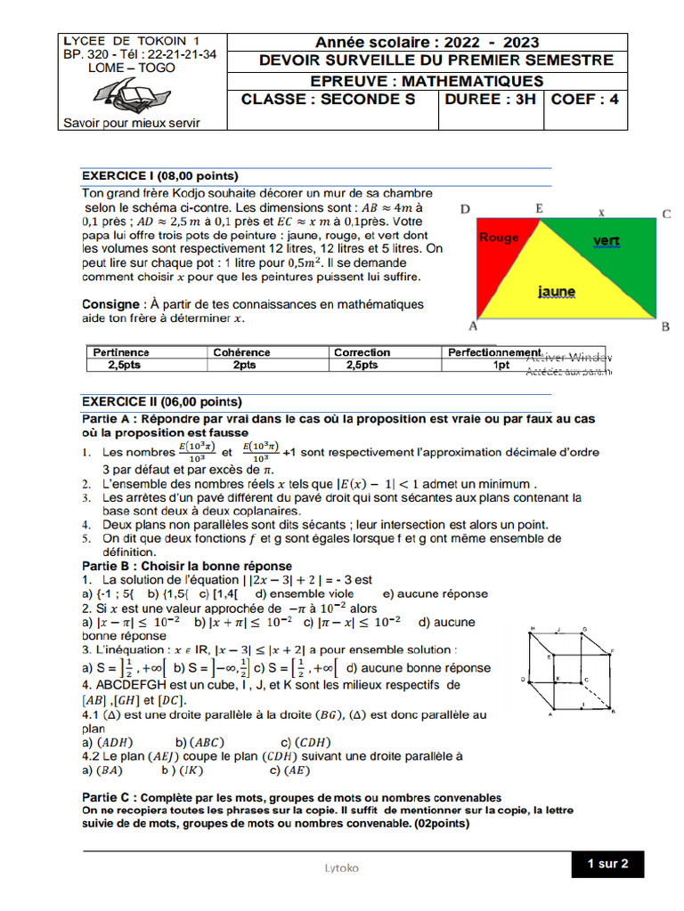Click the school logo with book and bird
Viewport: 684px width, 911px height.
[128, 93]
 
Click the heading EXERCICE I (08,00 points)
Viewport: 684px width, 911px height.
[160, 175]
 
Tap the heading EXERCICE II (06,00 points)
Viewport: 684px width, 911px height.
[161, 401]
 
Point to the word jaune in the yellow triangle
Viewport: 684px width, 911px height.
[557, 291]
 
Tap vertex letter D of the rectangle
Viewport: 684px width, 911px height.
[465, 210]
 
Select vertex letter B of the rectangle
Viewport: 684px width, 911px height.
[665, 327]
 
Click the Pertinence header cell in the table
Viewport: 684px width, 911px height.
[121, 352]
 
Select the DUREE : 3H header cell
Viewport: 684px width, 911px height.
[491, 100]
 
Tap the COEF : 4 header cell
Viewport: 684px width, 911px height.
[585, 100]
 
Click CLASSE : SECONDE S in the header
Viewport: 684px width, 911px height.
[329, 100]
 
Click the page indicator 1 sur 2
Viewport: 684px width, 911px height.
[607, 863]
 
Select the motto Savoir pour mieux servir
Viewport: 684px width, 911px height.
[130, 123]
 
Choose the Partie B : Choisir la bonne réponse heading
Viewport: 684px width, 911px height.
[186, 566]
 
